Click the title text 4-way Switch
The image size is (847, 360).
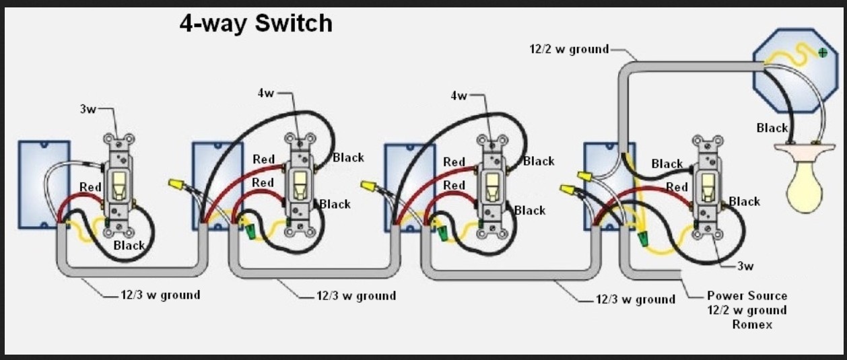(256, 24)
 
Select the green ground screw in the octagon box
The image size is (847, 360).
(822, 52)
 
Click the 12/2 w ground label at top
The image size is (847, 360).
(569, 48)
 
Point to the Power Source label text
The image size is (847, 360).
(747, 295)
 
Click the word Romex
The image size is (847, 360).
(751, 325)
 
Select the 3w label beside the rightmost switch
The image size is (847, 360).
(745, 266)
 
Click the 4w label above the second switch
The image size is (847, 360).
(265, 94)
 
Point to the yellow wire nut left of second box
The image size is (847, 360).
(176, 184)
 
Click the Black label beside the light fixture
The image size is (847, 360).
(772, 128)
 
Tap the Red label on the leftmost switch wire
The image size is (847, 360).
(90, 186)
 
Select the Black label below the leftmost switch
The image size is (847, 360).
(129, 246)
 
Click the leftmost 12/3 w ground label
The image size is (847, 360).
(160, 295)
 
